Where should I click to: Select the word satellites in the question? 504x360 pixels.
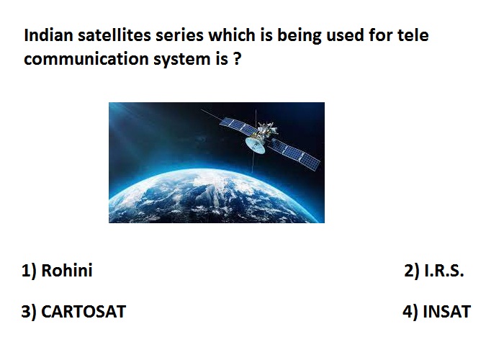coord(114,35)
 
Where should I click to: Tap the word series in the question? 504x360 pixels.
coord(180,35)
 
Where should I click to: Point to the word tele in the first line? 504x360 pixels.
coord(413,35)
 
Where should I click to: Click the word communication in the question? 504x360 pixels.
coord(86,59)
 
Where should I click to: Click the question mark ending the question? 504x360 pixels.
coord(237,59)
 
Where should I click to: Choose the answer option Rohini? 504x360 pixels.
coord(67,270)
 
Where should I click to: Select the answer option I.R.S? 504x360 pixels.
coord(444,270)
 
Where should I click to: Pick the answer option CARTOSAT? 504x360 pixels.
coord(84,312)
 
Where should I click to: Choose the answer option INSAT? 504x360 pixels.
coord(447,312)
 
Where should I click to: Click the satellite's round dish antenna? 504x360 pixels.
coord(255,145)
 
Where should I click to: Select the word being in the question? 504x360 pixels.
coord(299,36)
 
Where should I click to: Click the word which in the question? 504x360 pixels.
coord(232,35)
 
